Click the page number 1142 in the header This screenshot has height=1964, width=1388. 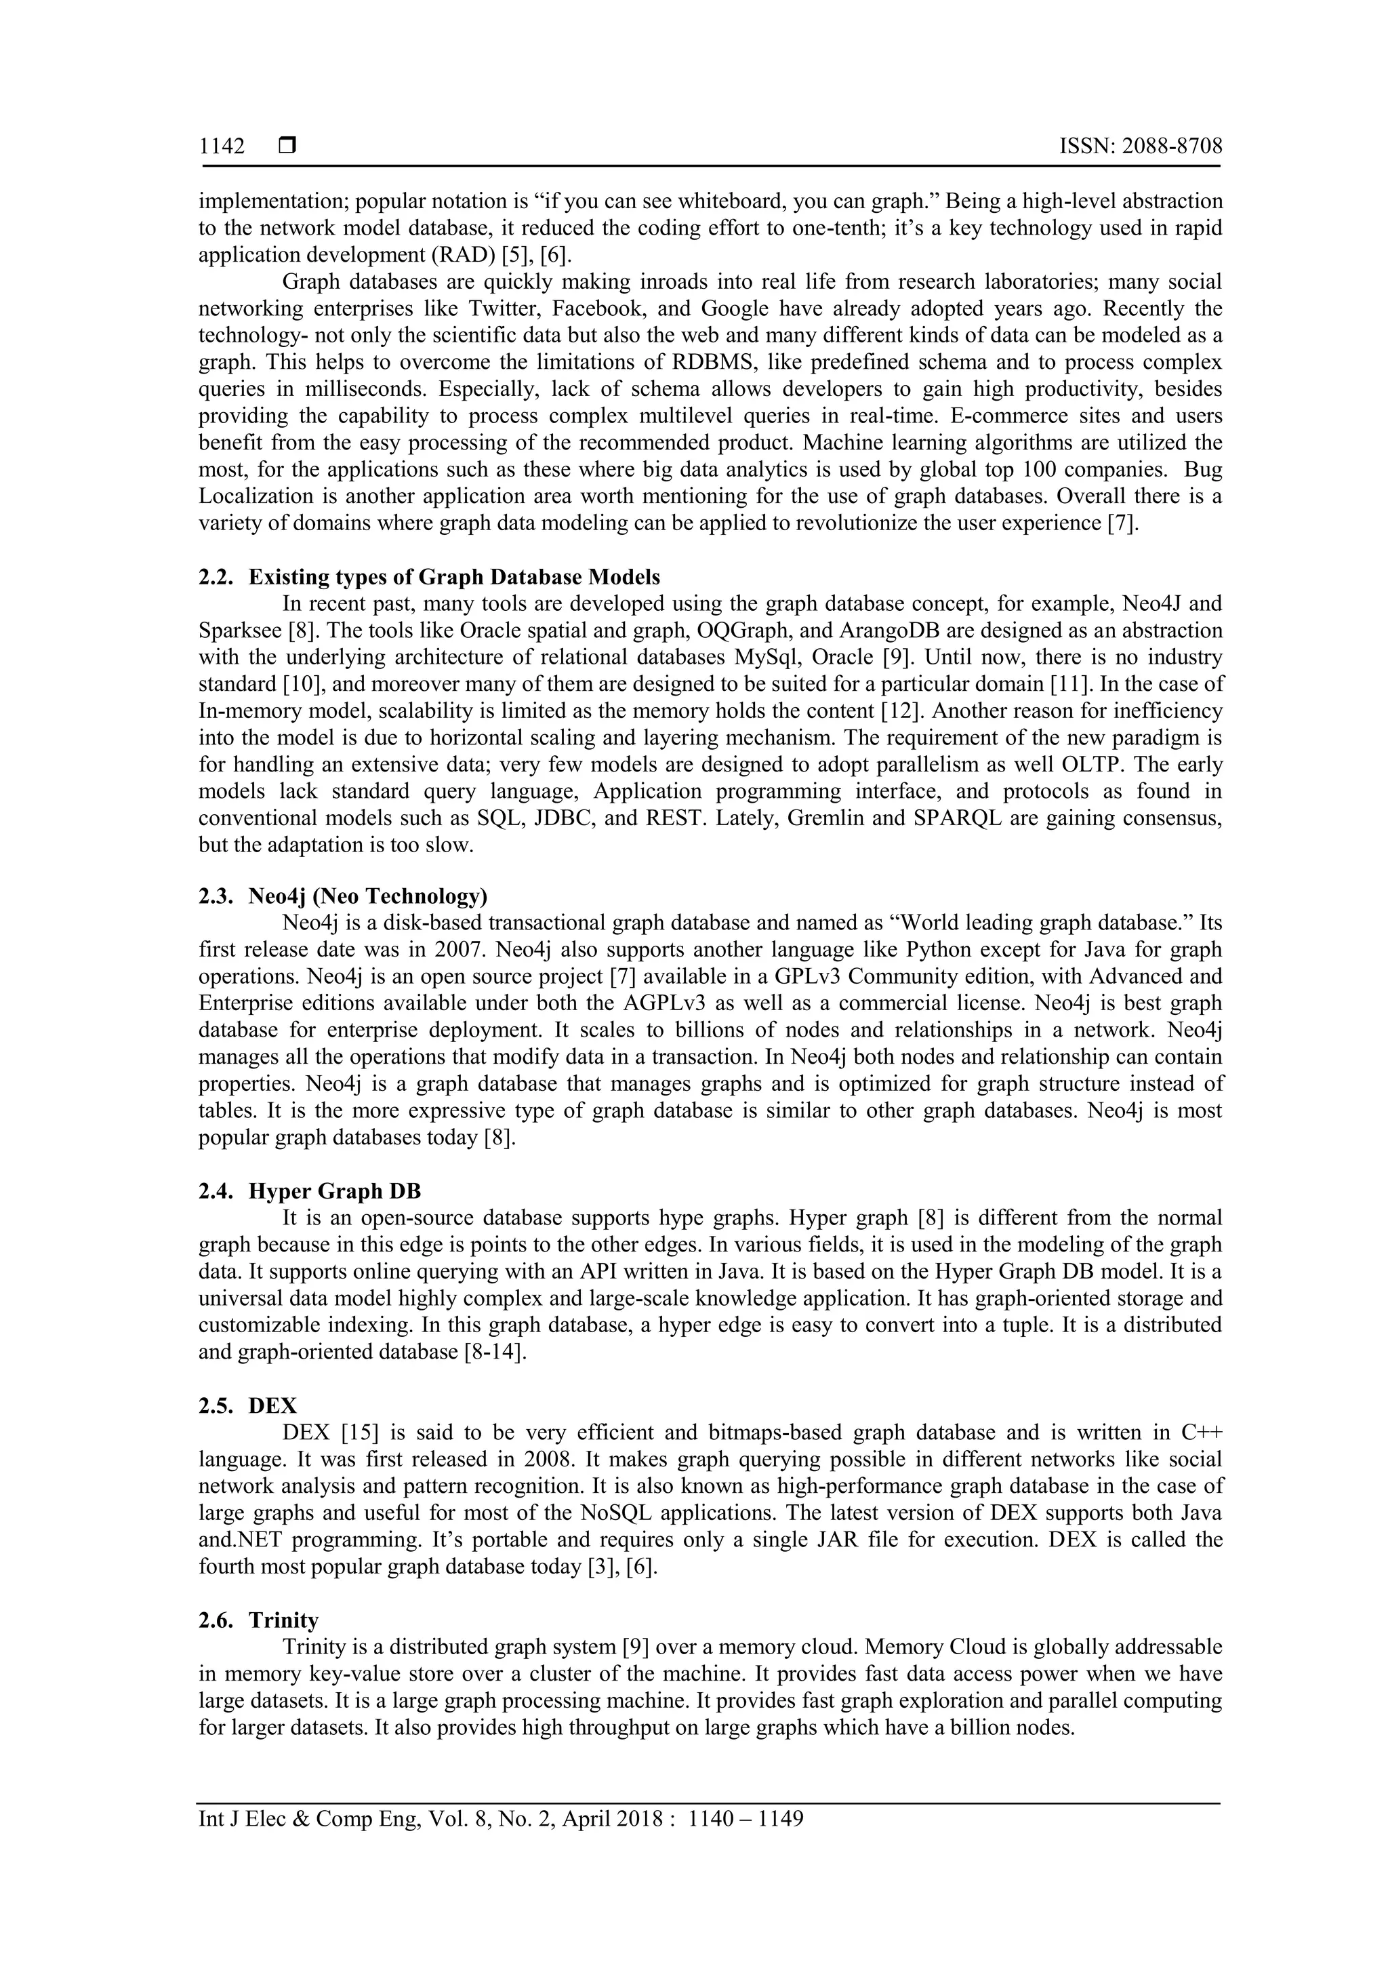click(222, 147)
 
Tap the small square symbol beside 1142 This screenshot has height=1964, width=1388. click(287, 146)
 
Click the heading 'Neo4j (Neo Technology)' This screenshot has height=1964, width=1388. click(368, 896)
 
